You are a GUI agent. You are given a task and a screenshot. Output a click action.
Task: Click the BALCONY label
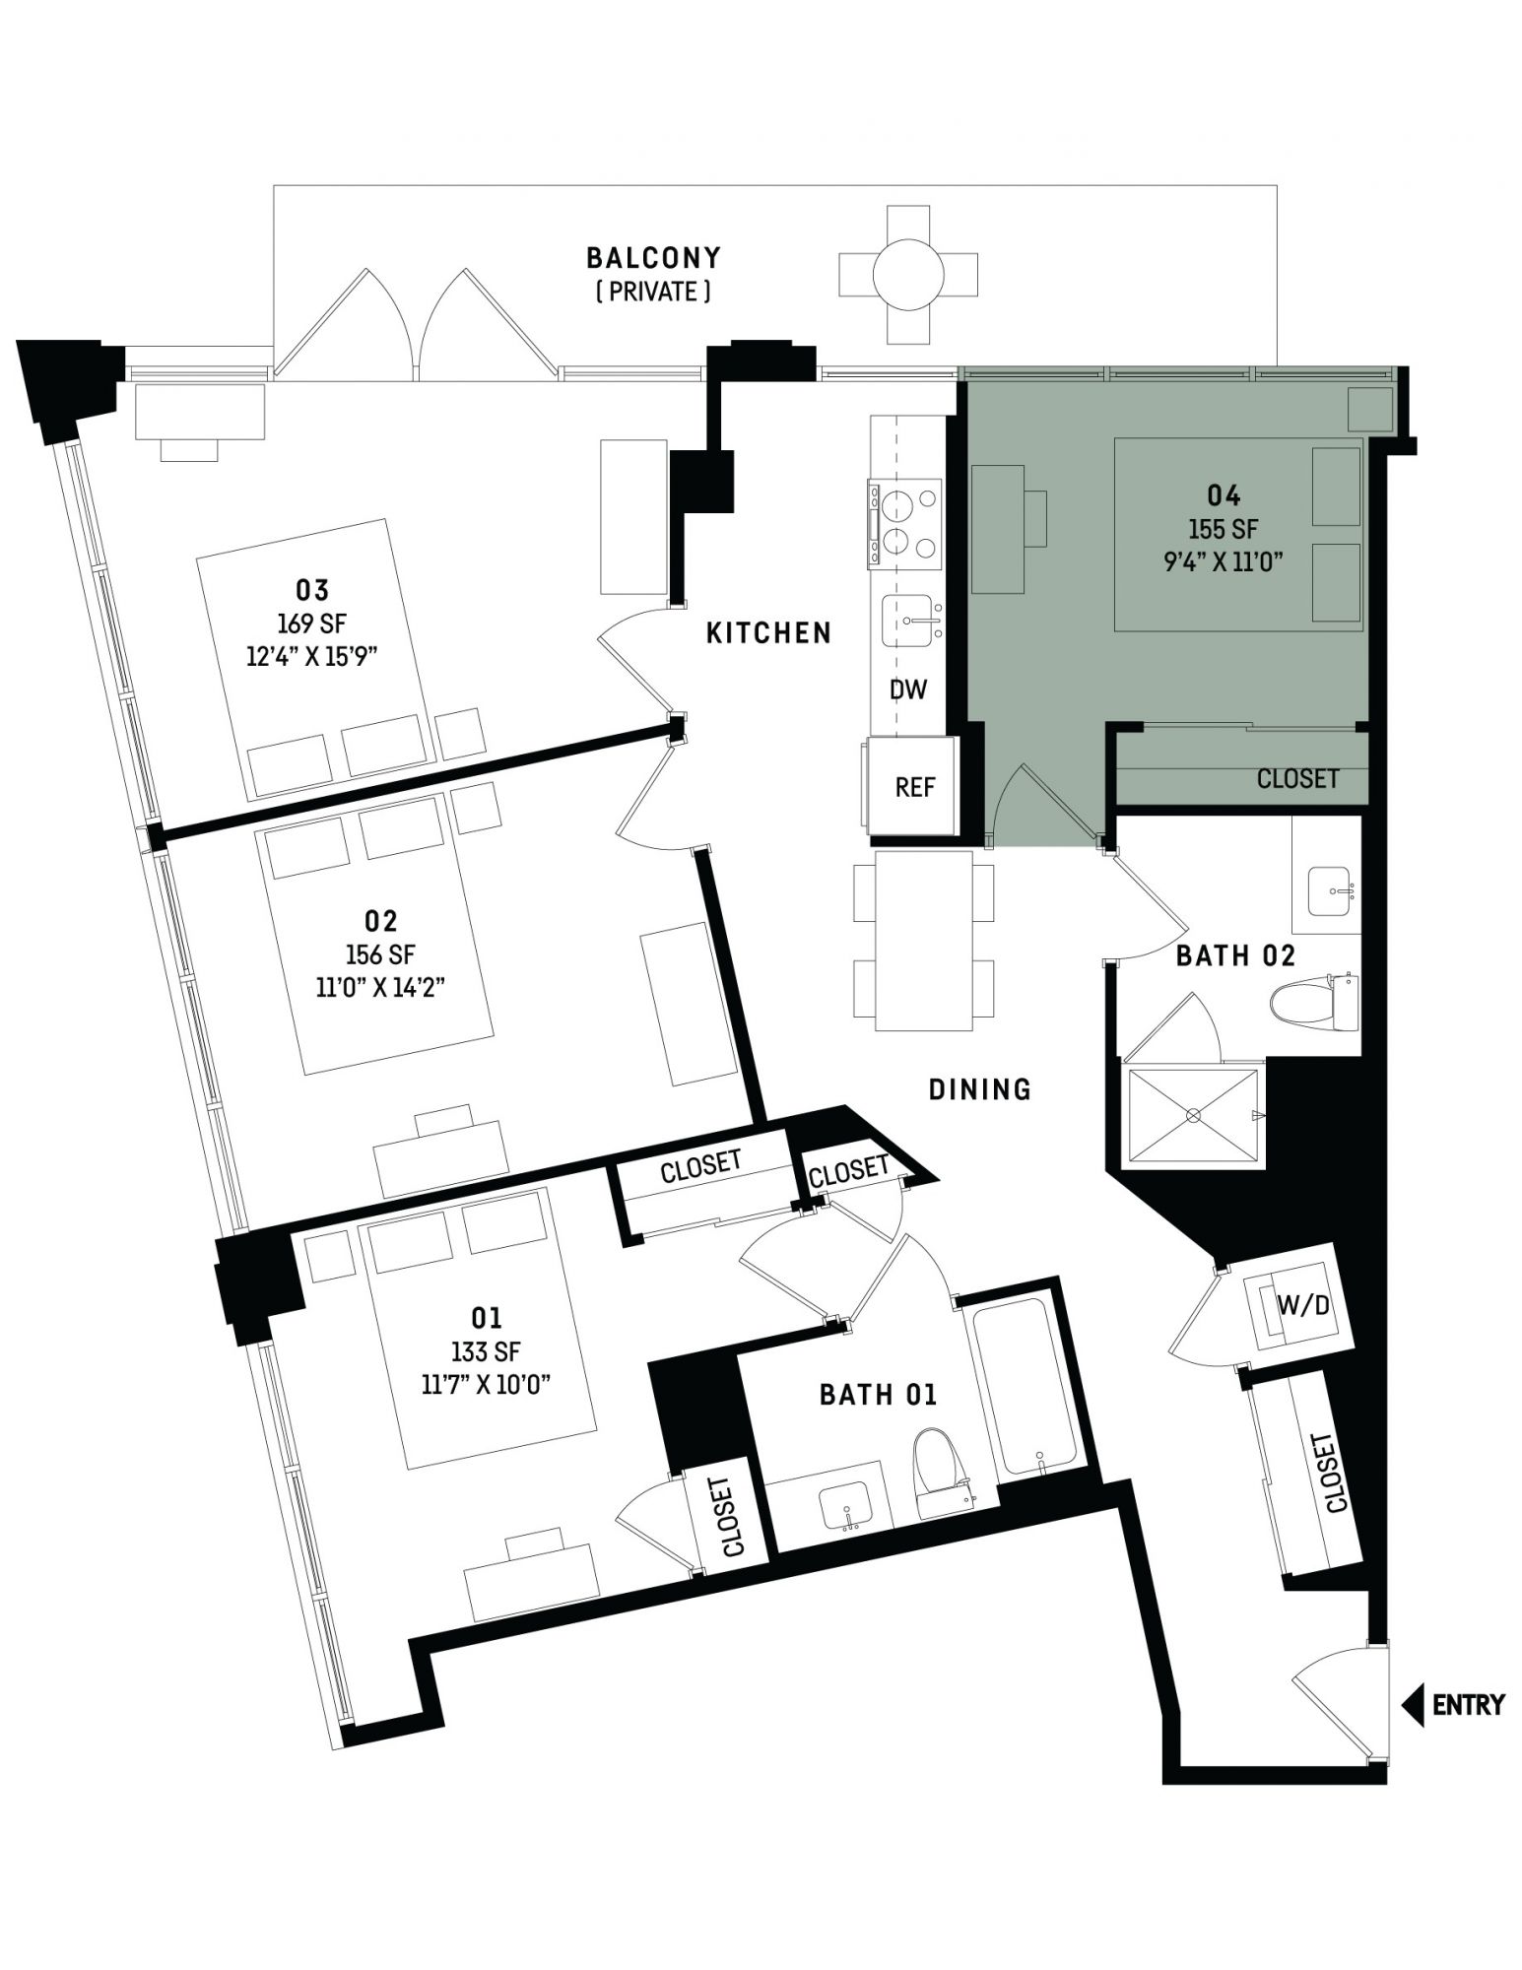[x=653, y=258]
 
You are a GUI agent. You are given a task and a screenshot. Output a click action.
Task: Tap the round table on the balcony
[x=907, y=275]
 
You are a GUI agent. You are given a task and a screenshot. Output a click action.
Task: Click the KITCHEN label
[x=768, y=632]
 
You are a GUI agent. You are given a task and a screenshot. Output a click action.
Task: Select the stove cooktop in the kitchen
[x=903, y=524]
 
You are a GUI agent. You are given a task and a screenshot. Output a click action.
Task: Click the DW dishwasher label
[x=908, y=689]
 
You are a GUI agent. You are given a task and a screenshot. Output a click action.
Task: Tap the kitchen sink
[x=911, y=621]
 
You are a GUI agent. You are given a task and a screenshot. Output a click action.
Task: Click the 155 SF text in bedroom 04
[x=1223, y=529]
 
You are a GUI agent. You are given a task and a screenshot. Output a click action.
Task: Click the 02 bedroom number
[x=380, y=921]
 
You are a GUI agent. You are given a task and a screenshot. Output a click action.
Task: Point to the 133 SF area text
[x=486, y=1351]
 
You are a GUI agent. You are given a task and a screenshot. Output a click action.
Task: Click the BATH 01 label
[x=878, y=1394]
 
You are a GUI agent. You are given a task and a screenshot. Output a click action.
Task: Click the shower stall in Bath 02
[x=1193, y=1115]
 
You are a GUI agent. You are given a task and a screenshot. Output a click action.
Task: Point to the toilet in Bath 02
[x=1314, y=1002]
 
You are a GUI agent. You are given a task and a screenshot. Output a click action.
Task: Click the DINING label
[x=980, y=1088]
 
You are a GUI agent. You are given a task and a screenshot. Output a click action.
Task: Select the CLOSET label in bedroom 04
[x=1297, y=778]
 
